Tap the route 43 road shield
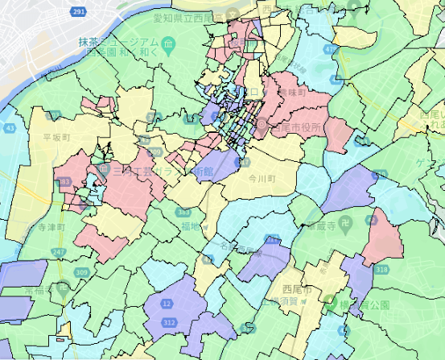point(10,127)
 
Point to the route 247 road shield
point(60,252)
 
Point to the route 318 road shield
point(381,269)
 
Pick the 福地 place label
point(190,227)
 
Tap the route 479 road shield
point(333,49)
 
